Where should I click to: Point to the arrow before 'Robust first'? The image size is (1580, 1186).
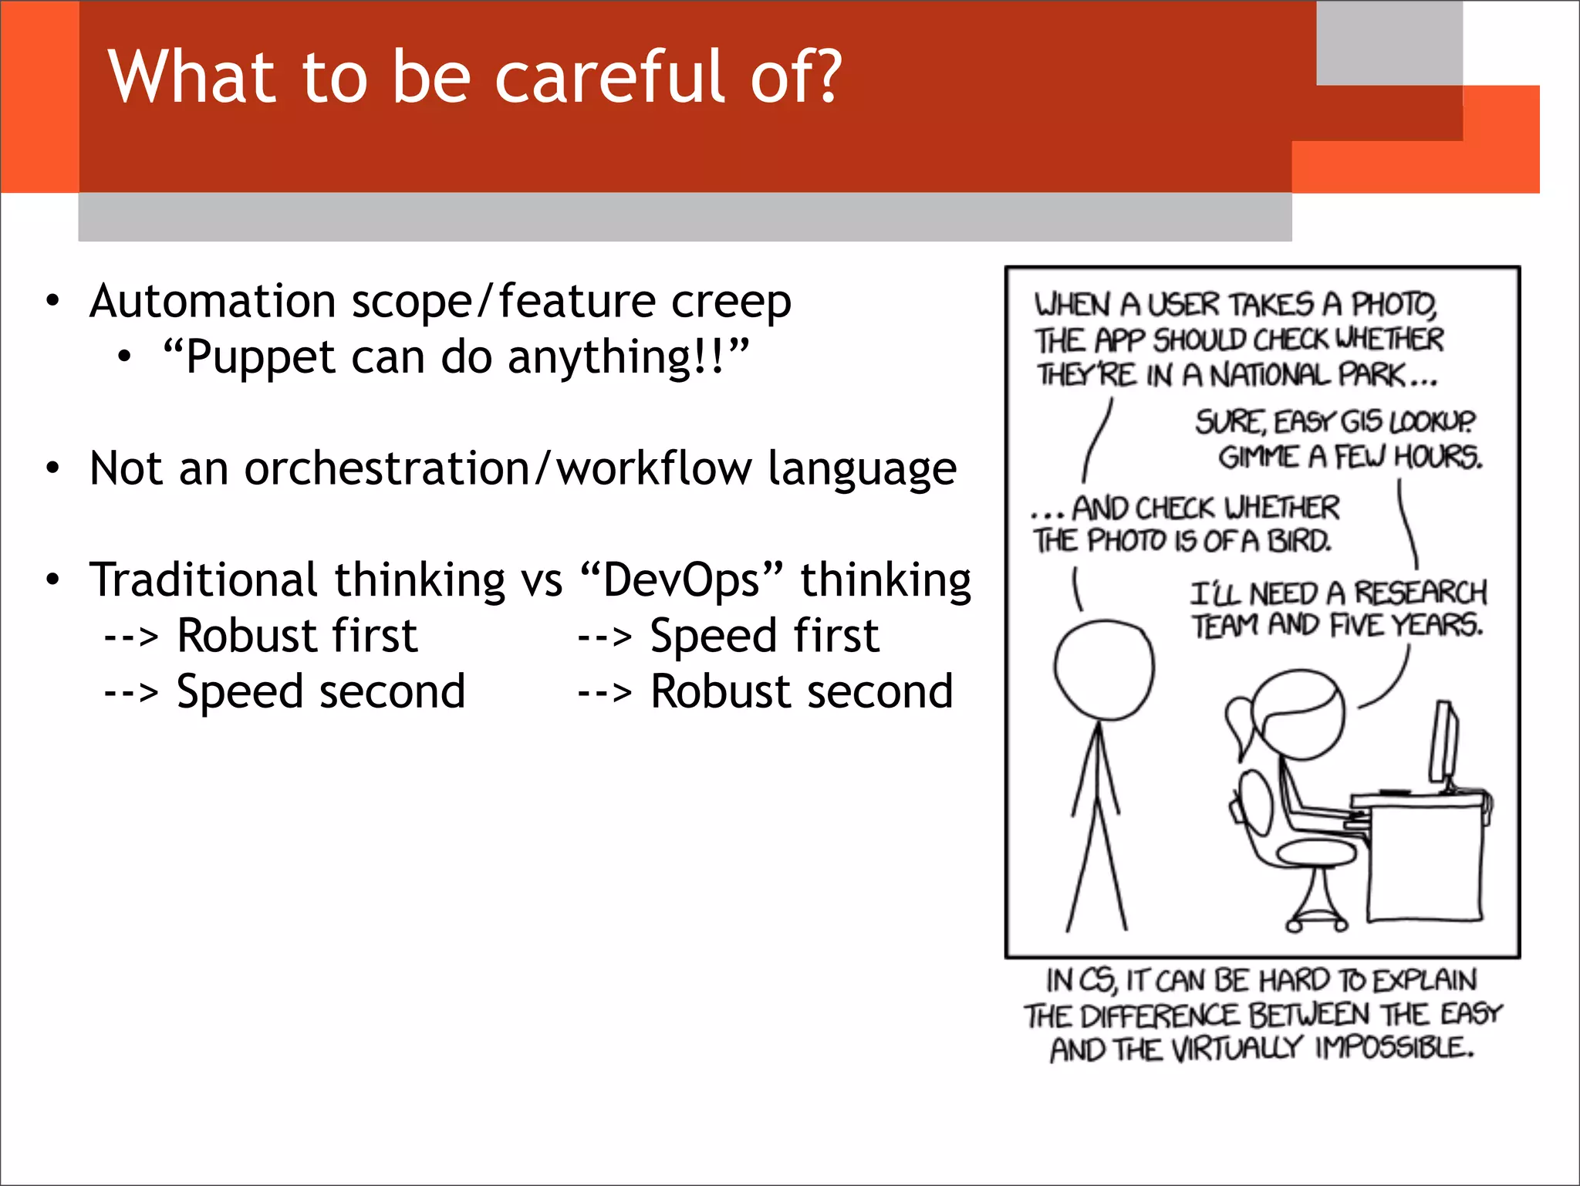[x=131, y=637]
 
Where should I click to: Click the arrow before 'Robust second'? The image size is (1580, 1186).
[x=604, y=693]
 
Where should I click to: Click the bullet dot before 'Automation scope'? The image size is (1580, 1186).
[x=52, y=301]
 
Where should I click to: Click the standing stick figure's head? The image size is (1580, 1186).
[x=1103, y=670]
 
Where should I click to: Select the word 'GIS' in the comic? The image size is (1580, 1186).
[x=1362, y=422]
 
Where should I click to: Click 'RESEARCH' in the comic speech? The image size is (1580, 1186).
[x=1420, y=593]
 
